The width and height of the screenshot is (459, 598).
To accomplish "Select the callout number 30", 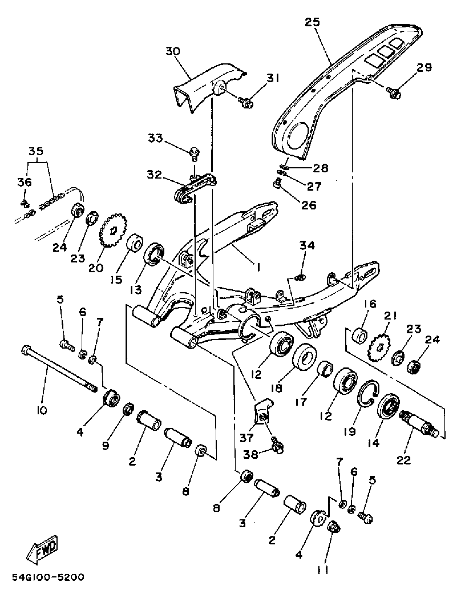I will [173, 51].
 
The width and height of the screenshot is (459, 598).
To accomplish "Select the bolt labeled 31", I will [245, 102].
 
